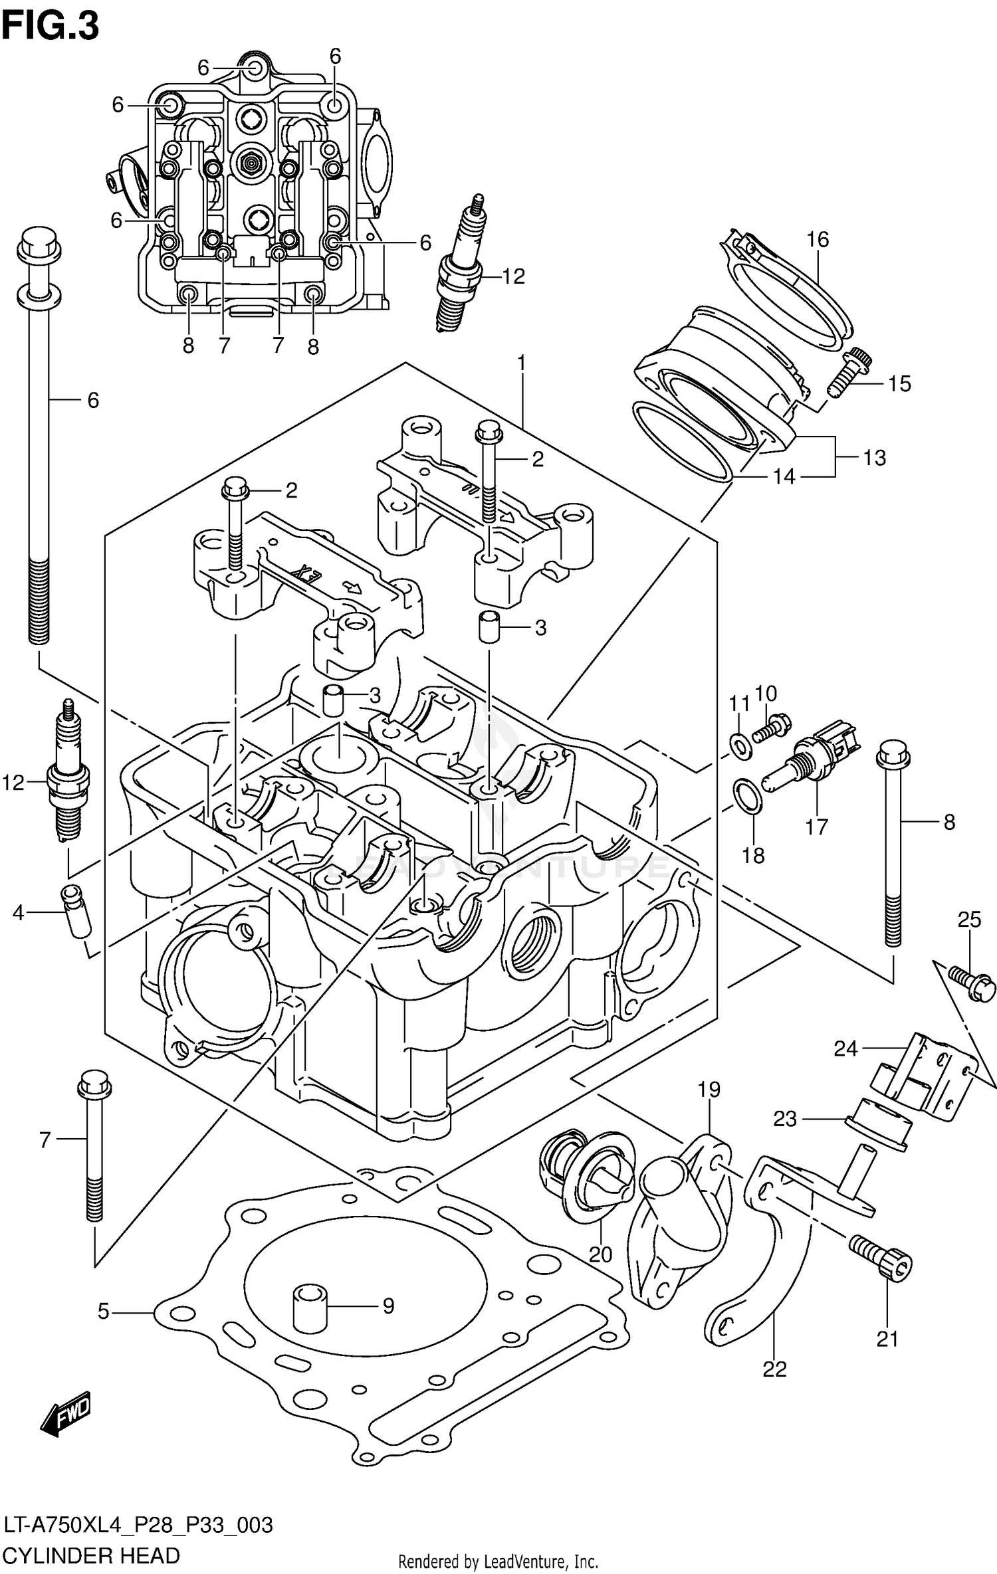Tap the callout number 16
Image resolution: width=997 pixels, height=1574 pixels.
tap(818, 239)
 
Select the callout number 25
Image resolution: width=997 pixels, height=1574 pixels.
tap(969, 920)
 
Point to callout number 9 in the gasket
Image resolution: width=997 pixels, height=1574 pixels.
tap(388, 1306)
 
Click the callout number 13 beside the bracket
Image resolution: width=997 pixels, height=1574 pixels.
tap(875, 457)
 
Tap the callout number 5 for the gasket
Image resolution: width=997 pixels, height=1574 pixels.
tap(103, 1312)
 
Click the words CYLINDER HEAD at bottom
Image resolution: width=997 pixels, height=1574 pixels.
tap(92, 1556)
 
